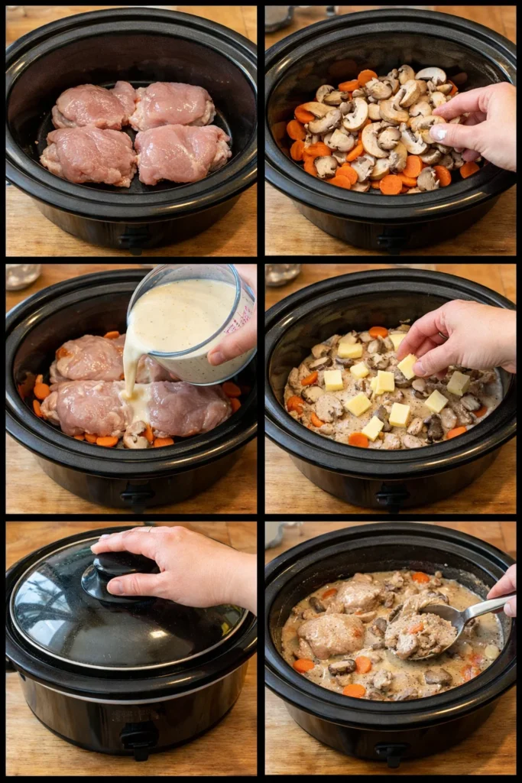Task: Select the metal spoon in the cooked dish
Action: (x=466, y=612)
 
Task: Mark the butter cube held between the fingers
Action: (x=407, y=365)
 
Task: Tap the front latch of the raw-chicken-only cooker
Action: (x=135, y=239)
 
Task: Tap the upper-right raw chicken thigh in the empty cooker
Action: (x=174, y=105)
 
